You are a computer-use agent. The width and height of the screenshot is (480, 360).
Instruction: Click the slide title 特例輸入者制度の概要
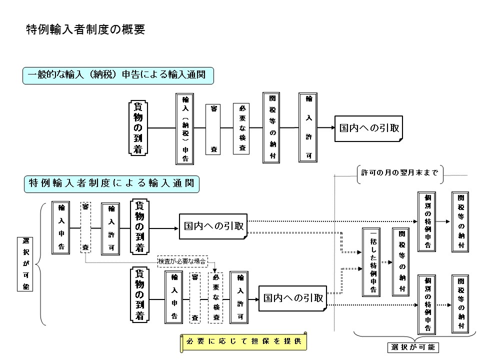click(x=85, y=29)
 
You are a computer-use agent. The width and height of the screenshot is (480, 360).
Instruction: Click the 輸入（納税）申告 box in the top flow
click(x=185, y=128)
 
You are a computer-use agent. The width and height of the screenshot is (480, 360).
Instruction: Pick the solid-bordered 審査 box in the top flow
click(x=213, y=128)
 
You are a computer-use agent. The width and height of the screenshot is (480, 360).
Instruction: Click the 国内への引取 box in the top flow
click(x=369, y=128)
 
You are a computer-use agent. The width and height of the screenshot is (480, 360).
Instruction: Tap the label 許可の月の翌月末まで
click(x=400, y=173)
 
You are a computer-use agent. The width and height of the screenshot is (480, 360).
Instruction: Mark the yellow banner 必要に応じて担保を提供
click(x=243, y=342)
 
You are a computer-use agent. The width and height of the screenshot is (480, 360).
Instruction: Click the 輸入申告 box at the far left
click(x=61, y=227)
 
